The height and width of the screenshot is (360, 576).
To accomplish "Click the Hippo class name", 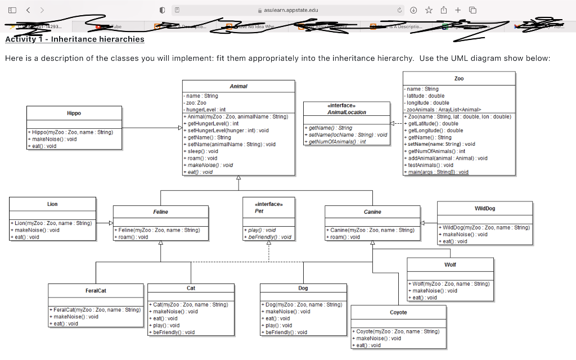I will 74,113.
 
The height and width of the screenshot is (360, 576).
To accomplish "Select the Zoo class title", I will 458,78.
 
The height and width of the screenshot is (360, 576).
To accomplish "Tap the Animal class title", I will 238,86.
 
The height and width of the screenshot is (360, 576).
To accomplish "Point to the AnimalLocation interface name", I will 346,112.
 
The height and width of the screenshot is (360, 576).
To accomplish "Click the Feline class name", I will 160,212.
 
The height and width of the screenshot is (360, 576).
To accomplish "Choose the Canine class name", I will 372,212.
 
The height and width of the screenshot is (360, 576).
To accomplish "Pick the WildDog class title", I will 485,208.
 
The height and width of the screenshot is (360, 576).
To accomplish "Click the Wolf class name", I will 450,264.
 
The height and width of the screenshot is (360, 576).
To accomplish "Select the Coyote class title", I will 398,312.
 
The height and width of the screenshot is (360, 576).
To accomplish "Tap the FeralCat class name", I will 96,291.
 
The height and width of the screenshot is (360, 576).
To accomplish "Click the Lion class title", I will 52,204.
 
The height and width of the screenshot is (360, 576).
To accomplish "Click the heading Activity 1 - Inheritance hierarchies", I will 75,39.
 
